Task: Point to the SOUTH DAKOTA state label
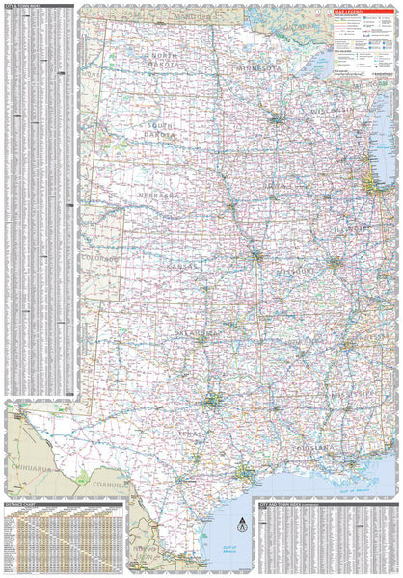[161, 132]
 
